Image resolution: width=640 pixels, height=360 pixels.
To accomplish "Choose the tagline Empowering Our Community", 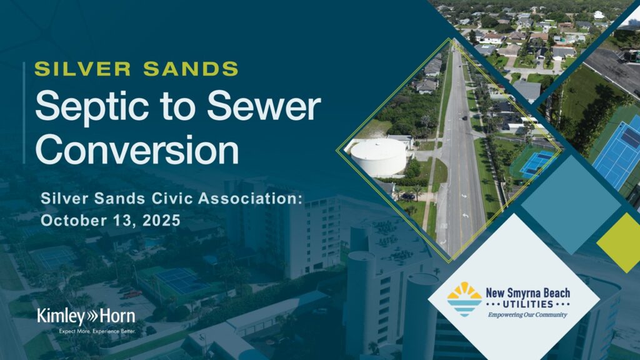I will pyautogui.click(x=527, y=314).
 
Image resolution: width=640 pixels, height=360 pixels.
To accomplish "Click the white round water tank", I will pyautogui.click(x=378, y=157).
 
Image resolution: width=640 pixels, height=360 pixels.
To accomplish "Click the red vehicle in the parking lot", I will pyautogui.click(x=132, y=293).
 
